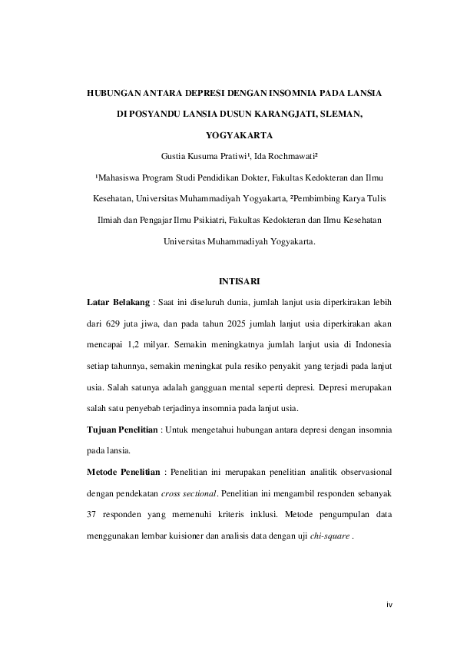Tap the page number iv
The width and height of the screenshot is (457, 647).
[x=389, y=605]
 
